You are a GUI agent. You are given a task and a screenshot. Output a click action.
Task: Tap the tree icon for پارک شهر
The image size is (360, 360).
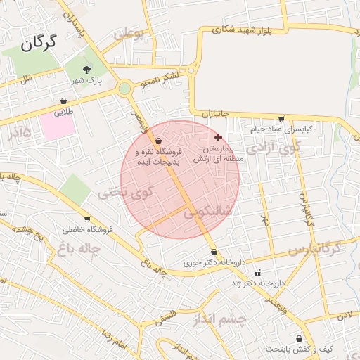click(x=87, y=69)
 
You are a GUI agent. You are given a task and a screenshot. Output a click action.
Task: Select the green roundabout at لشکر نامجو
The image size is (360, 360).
click(x=124, y=89)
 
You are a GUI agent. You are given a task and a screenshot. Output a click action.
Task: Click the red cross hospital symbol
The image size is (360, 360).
click(x=218, y=137)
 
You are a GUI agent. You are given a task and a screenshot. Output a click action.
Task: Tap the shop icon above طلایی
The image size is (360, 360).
click(x=64, y=101)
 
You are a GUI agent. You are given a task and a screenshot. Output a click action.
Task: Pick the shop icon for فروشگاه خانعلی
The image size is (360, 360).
click(x=86, y=219)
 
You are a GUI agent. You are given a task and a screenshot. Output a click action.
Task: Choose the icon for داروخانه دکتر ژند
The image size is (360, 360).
click(x=257, y=273)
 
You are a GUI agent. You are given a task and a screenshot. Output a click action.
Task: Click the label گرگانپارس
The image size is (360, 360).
click(x=314, y=248)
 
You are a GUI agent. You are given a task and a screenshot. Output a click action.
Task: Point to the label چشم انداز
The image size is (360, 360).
click(x=220, y=319)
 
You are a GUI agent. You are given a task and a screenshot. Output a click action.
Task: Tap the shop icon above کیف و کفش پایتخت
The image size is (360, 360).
click(x=300, y=338)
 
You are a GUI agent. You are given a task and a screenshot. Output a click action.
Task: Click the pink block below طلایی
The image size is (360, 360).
click(x=56, y=127)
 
